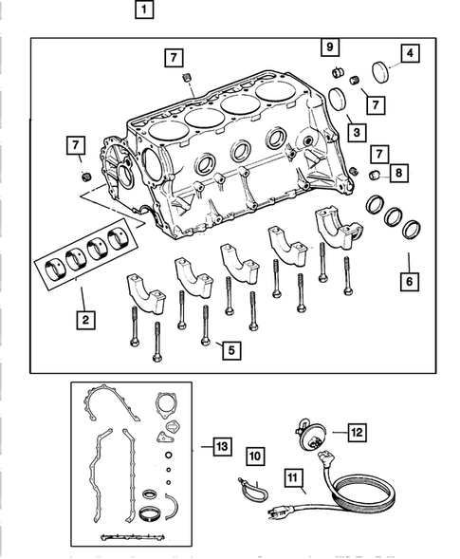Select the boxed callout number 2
tap(85, 321)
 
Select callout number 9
tap(329, 46)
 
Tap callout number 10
tap(254, 457)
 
